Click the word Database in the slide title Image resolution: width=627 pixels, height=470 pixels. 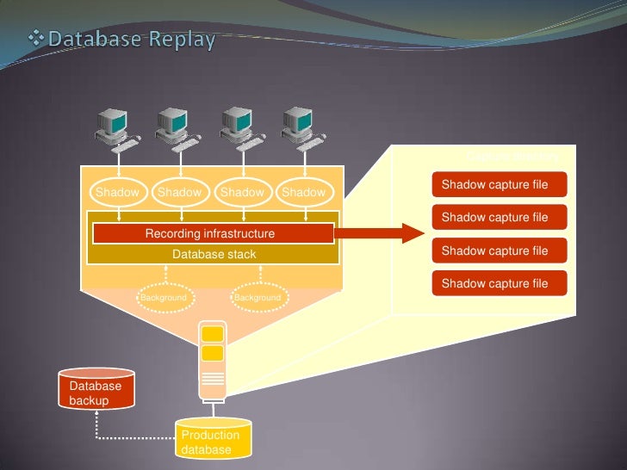[96, 40]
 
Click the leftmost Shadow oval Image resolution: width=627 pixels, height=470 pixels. [117, 192]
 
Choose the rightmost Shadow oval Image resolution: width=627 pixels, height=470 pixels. [304, 192]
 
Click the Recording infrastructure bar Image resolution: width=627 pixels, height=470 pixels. [212, 233]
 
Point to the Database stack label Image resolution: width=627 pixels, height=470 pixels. [214, 254]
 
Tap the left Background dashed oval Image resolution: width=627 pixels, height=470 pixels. [164, 297]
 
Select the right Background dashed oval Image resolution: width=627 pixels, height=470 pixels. [258, 297]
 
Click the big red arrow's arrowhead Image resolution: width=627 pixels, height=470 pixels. [412, 232]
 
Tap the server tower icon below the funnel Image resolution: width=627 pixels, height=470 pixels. [212, 362]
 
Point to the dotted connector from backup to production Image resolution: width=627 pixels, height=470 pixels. [129, 437]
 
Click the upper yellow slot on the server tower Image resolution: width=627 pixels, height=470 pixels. [213, 334]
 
